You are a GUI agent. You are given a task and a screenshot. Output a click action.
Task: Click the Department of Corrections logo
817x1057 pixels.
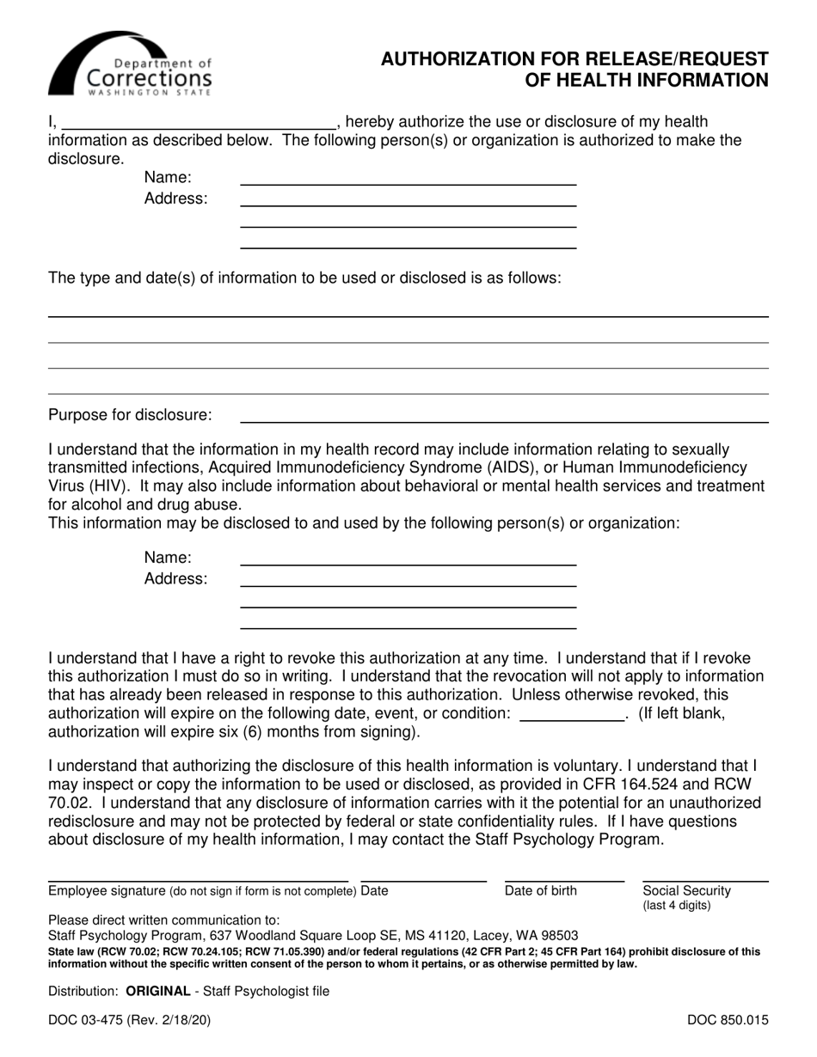(x=129, y=64)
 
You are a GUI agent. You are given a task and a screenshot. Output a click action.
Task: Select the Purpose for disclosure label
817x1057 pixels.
(x=130, y=415)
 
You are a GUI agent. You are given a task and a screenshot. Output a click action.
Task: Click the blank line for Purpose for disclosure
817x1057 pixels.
(x=503, y=421)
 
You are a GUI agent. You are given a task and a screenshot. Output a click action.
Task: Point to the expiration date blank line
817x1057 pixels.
(x=573, y=718)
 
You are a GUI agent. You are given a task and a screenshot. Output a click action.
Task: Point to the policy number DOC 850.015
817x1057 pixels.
(x=728, y=1022)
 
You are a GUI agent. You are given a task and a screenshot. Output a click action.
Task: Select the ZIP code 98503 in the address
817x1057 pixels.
(x=559, y=935)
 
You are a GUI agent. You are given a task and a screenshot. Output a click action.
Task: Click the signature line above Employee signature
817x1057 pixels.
(x=198, y=881)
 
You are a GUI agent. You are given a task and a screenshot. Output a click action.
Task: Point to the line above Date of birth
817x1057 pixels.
(x=564, y=881)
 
